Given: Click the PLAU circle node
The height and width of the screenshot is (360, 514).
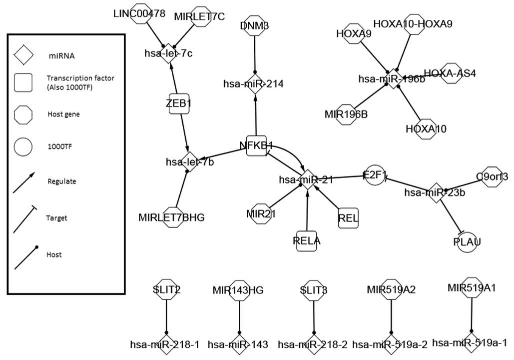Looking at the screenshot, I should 467,242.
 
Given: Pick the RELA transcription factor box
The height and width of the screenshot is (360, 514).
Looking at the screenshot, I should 306,240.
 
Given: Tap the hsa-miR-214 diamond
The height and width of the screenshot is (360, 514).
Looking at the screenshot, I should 255,83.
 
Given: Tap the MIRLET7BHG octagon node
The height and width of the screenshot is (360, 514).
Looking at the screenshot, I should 171,217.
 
